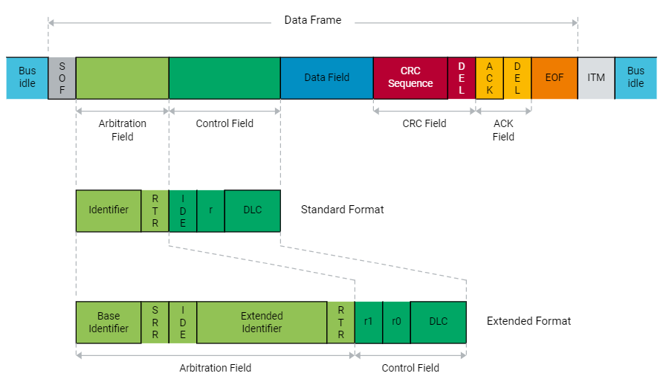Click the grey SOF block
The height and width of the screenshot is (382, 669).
coord(62,78)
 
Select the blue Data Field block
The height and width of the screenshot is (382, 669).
coord(326,78)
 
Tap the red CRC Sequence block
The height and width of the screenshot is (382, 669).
coord(410,78)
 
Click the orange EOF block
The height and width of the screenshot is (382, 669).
coord(555,78)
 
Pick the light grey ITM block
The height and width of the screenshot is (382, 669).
coord(596,78)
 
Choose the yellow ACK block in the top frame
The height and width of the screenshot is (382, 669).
coord(489,78)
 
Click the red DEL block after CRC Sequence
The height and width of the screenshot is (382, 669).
coord(462,78)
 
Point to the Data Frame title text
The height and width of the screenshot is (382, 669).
coord(312,20)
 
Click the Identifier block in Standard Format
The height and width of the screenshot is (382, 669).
coord(109,210)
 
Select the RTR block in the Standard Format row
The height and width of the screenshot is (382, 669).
coord(155,210)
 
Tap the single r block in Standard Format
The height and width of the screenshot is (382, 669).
coord(210,210)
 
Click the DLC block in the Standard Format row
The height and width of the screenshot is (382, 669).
coord(253,210)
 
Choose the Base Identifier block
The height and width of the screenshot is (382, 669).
coord(109,323)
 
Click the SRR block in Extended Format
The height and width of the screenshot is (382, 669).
coord(155,323)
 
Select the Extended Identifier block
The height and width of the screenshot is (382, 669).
coord(262,323)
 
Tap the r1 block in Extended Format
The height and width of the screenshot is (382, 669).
coord(369,323)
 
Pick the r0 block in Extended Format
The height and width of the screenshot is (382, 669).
coord(396,323)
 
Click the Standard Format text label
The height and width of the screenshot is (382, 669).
coord(342,210)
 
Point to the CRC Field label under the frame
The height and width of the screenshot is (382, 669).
coord(424,123)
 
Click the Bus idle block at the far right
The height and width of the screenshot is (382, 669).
coord(636,78)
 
